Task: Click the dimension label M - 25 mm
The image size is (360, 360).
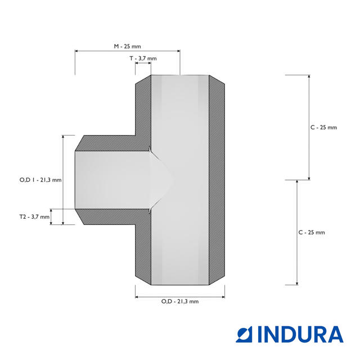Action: (128, 46)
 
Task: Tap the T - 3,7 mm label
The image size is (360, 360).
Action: (143, 58)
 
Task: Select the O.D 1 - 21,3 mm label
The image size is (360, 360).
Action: (40, 180)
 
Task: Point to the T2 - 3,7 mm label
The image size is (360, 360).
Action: (34, 217)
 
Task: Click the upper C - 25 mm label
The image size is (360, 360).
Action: (324, 128)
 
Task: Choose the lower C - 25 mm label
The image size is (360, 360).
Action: (312, 232)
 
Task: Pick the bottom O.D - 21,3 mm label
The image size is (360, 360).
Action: (180, 301)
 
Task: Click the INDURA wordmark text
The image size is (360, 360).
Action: (300, 335)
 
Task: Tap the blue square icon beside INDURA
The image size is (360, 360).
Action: (244, 335)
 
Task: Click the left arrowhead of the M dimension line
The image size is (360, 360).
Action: (76, 51)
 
